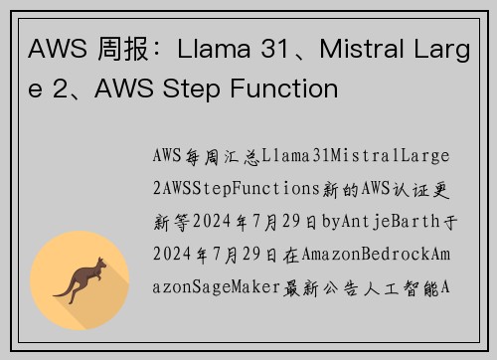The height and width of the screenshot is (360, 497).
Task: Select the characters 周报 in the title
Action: tap(116, 47)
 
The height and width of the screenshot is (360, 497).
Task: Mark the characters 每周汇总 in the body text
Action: tap(222, 156)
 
